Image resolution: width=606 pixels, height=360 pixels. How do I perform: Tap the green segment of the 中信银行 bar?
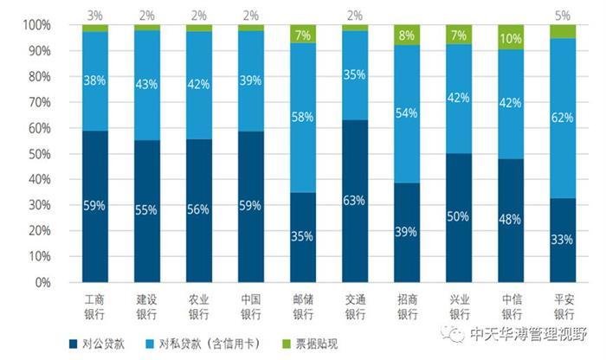[x=510, y=37]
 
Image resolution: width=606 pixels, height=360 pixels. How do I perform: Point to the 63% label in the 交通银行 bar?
[x=355, y=202]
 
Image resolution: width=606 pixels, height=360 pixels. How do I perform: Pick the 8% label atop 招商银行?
[x=407, y=35]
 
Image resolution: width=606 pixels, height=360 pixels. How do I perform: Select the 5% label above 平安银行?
[x=562, y=14]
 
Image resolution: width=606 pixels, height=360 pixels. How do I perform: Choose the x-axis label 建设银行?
[x=147, y=304]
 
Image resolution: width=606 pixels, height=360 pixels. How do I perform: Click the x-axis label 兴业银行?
[x=459, y=304]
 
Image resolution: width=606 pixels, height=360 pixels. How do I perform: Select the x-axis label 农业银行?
[x=199, y=304]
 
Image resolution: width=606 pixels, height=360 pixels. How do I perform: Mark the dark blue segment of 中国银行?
[x=251, y=206]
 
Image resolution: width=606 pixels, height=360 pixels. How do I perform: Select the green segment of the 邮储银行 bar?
[x=303, y=35]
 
